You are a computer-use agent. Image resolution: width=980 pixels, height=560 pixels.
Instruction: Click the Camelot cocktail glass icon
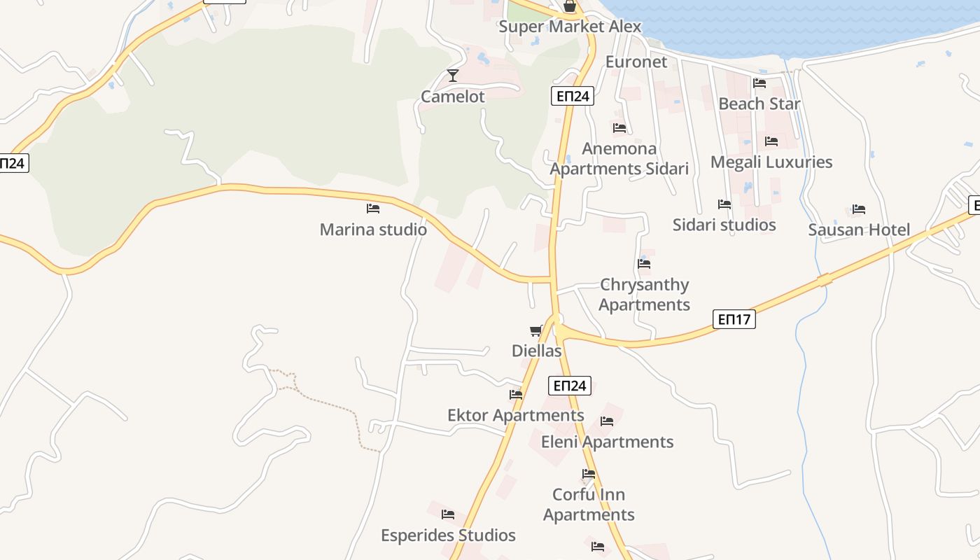pyautogui.click(x=453, y=75)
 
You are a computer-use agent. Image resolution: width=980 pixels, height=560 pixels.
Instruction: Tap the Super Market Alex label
pyautogui.click(x=569, y=27)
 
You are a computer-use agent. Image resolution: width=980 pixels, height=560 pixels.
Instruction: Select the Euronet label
pyautogui.click(x=636, y=62)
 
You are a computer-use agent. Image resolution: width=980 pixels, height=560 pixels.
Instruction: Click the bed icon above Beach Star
pyautogui.click(x=759, y=83)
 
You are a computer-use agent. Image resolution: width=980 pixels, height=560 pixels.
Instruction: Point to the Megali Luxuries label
pyautogui.click(x=771, y=162)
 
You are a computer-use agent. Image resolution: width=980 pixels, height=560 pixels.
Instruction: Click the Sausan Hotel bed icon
pyautogui.click(x=859, y=209)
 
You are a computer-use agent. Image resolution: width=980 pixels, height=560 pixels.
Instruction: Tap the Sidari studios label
pyautogui.click(x=724, y=225)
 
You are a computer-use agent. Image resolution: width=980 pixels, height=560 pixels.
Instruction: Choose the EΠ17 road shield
pyautogui.click(x=734, y=320)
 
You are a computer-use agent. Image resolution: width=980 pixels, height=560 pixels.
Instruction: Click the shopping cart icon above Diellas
pyautogui.click(x=536, y=330)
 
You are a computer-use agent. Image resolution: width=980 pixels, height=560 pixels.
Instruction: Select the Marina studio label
pyautogui.click(x=373, y=230)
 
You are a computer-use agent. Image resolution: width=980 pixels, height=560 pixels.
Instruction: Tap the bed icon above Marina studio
pyautogui.click(x=373, y=209)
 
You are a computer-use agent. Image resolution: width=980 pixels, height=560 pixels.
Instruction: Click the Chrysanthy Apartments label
pyautogui.click(x=644, y=295)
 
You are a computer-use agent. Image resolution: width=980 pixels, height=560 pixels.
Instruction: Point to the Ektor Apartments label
pyautogui.click(x=515, y=415)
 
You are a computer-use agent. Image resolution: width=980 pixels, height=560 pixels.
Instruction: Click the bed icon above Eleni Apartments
pyautogui.click(x=607, y=421)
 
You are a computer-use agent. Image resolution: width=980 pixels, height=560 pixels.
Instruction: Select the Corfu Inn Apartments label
pyautogui.click(x=589, y=505)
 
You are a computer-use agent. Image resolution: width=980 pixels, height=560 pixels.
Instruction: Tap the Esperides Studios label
pyautogui.click(x=448, y=535)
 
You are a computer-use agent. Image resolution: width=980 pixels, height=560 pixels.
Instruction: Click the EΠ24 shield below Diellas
pyautogui.click(x=569, y=386)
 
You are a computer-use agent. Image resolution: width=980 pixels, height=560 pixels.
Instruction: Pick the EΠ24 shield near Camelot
pyautogui.click(x=573, y=97)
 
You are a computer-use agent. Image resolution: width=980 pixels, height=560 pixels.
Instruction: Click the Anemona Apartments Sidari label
pyautogui.click(x=619, y=158)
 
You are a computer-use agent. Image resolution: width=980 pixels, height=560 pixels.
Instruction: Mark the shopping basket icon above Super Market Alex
pyautogui.click(x=570, y=7)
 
